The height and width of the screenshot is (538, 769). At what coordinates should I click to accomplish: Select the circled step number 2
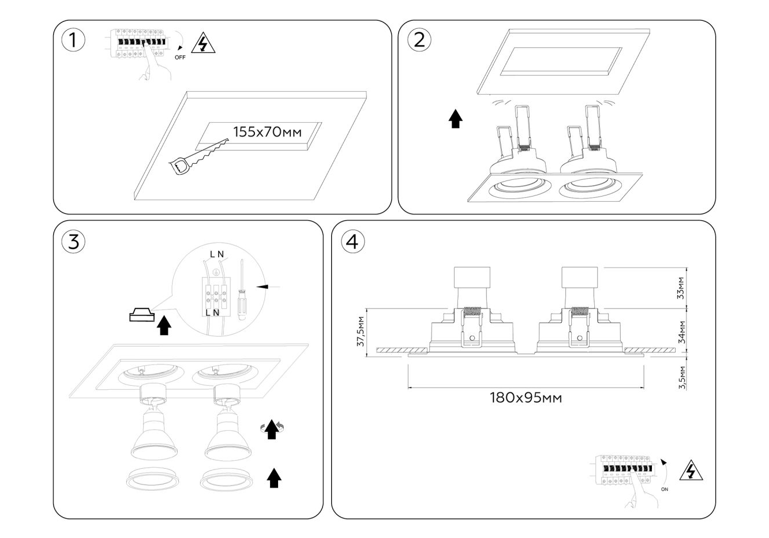point(419,39)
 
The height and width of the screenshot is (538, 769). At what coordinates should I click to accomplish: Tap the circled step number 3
point(73,242)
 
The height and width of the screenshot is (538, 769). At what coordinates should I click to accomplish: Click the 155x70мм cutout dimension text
point(267,131)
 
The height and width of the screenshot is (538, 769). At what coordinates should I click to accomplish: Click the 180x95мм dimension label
point(526,397)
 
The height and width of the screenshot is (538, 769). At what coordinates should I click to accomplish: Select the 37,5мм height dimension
point(361,331)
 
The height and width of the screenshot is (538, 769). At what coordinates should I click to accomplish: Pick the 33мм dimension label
point(681,287)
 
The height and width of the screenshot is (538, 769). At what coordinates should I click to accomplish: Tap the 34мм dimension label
point(681,332)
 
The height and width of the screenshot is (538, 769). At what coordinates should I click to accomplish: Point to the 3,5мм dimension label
point(681,377)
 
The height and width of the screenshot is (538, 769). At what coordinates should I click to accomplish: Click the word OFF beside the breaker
point(180,57)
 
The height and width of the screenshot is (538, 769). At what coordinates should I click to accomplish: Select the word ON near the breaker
point(665,489)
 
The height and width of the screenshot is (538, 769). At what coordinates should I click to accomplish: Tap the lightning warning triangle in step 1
point(202,44)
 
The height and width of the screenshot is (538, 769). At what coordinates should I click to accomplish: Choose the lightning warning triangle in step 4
point(691,471)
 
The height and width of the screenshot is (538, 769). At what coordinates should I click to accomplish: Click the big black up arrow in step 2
point(456,119)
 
